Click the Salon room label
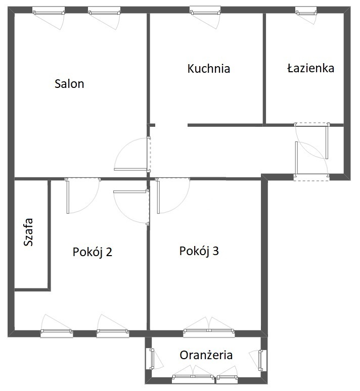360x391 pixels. [69, 84]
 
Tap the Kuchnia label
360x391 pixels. [209, 69]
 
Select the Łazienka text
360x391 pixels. [310, 68]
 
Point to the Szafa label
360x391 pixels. [28, 232]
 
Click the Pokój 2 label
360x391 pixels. [93, 252]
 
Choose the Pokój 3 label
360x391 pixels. [199, 251]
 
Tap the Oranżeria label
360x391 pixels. [206, 355]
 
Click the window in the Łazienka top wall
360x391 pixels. [306, 12]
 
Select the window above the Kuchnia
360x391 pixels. [205, 12]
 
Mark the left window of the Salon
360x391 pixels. [49, 12]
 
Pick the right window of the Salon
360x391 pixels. [104, 12]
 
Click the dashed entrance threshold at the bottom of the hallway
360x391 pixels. [311, 177]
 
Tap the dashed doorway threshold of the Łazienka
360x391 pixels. [312, 124]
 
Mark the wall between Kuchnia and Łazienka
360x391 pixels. [264, 69]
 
